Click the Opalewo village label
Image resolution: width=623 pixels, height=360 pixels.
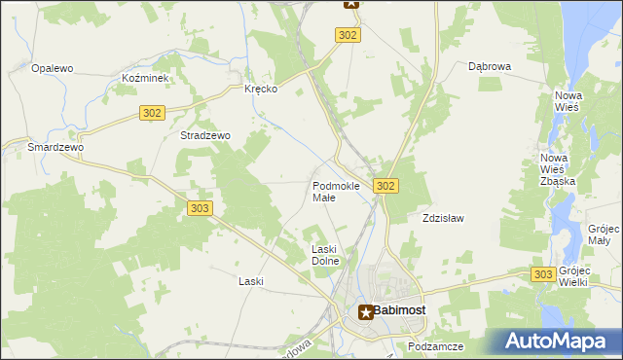tap(53, 68)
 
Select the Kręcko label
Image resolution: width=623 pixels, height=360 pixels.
tap(261, 88)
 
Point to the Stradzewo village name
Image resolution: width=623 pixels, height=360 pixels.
tap(204, 136)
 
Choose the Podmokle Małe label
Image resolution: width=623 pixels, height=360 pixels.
tap(336, 191)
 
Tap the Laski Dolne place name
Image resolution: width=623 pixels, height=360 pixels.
tap(324, 255)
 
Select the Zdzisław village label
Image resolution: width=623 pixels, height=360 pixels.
tap(441, 218)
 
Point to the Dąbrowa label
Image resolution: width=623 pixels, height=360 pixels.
tap(490, 67)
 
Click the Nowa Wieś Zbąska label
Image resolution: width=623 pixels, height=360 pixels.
tap(558, 169)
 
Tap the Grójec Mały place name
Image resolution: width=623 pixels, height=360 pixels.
tap(598, 234)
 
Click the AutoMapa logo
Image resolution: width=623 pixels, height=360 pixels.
tap(558, 342)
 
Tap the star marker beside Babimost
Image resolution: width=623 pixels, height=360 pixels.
tap(366, 312)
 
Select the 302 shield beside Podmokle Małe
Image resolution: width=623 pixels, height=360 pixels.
tap(385, 186)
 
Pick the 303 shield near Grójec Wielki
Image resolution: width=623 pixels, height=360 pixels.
tap(544, 275)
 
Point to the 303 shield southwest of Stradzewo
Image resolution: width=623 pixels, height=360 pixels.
tap(200, 208)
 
